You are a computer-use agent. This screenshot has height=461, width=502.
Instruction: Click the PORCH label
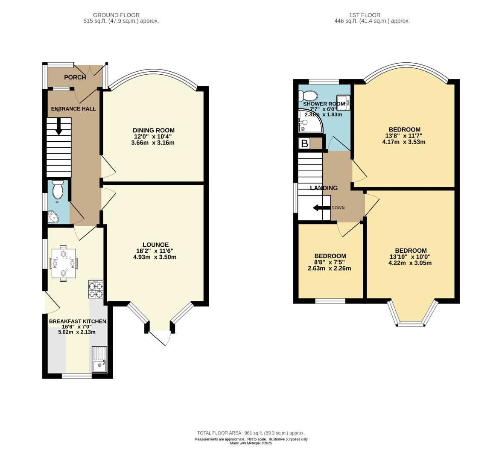pyautogui.click(x=75, y=77)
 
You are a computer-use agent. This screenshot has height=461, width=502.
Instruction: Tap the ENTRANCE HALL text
pyautogui.click(x=73, y=109)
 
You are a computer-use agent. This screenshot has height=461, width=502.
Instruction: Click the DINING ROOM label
pyautogui.click(x=154, y=130)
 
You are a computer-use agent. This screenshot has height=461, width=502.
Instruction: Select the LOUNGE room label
pyautogui.click(x=155, y=245)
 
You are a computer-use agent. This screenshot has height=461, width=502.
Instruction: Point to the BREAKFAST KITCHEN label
pyautogui.click(x=78, y=321)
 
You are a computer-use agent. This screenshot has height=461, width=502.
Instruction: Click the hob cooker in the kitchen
pyautogui.click(x=96, y=289)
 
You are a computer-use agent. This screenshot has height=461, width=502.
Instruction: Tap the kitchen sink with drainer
pyautogui.click(x=99, y=359)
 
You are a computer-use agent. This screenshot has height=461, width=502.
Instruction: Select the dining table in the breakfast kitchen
pyautogui.click(x=64, y=263)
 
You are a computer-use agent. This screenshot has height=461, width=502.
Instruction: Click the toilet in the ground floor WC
pyautogui.click(x=58, y=189)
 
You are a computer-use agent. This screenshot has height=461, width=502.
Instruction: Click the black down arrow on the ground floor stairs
pyautogui.click(x=58, y=127)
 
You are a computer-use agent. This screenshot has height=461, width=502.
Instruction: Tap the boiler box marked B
pyautogui.click(x=304, y=144)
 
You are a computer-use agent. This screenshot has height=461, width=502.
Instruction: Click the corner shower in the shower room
pyautogui.click(x=309, y=121)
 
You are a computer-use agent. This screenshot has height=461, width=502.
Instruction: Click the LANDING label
pyautogui.click(x=324, y=188)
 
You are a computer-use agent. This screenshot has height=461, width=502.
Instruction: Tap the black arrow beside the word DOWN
pyautogui.click(x=321, y=208)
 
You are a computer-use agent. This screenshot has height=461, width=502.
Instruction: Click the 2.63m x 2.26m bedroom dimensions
pyautogui.click(x=330, y=268)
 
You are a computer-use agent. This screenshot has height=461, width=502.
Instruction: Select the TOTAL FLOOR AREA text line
pyautogui.click(x=251, y=433)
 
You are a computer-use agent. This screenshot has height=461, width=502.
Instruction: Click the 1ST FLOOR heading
pyautogui.click(x=365, y=15)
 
